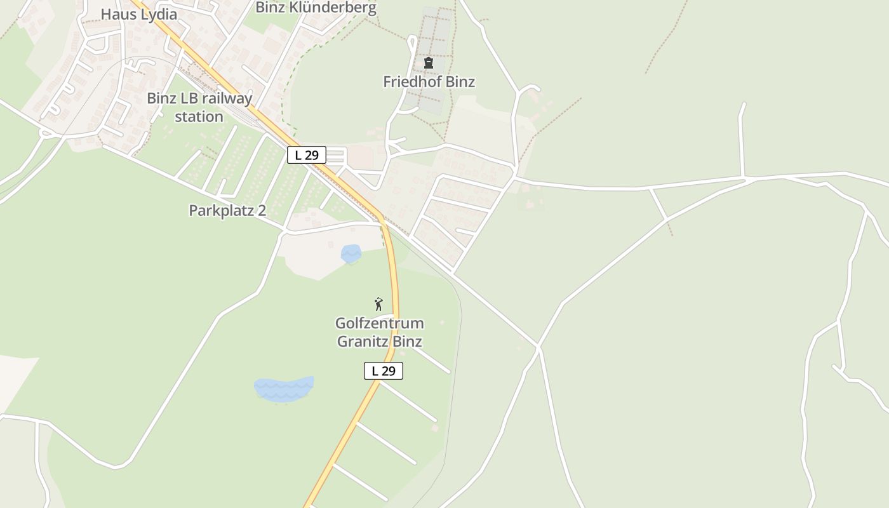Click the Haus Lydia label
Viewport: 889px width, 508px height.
point(139,14)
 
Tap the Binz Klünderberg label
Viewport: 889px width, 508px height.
point(316,8)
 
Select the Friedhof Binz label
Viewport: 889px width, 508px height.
point(429,82)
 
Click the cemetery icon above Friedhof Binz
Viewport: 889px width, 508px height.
point(429,63)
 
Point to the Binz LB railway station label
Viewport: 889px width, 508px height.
point(199,107)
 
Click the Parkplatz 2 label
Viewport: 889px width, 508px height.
point(227,211)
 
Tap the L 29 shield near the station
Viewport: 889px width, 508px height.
point(307,155)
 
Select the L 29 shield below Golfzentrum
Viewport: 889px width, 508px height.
point(384,371)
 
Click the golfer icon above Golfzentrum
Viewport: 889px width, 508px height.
point(378,304)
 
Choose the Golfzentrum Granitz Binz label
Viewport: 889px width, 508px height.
point(380,332)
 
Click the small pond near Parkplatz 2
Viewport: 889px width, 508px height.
point(351,253)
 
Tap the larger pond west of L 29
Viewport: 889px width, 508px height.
point(284,389)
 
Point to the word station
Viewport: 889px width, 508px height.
point(199,117)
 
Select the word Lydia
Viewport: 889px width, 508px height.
point(159,14)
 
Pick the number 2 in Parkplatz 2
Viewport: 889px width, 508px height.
point(262,211)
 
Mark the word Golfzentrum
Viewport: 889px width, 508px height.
point(380,323)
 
